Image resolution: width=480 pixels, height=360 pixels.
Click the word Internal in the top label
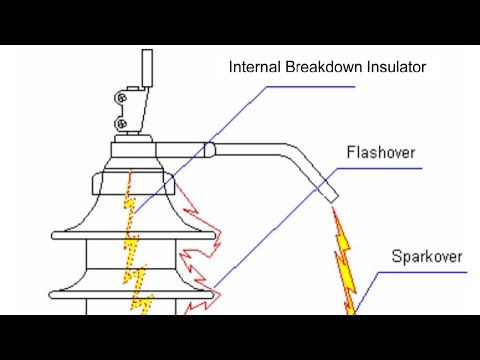pyautogui.click(x=253, y=68)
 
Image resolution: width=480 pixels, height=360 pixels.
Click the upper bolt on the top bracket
pyautogui.click(x=122, y=99)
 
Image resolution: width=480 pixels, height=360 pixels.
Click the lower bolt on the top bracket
pyautogui.click(x=122, y=122)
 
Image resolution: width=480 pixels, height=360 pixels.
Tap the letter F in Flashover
pyautogui.click(x=351, y=154)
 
